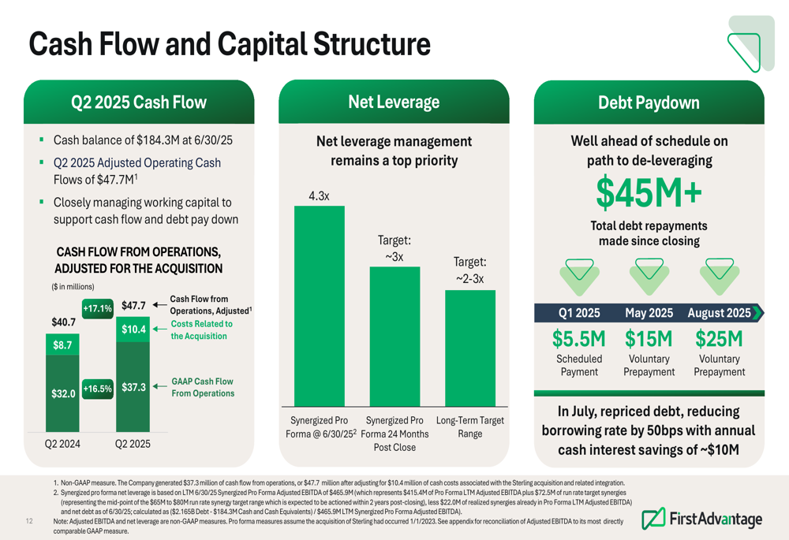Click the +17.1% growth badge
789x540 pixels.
(x=98, y=308)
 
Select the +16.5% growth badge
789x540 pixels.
(x=98, y=389)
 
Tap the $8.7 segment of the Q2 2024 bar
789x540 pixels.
(x=62, y=344)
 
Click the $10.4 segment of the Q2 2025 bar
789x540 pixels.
(x=133, y=330)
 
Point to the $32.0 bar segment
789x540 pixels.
(x=62, y=393)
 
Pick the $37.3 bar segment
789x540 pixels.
(x=133, y=386)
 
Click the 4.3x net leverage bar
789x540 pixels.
(x=320, y=306)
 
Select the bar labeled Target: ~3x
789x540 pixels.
(x=395, y=337)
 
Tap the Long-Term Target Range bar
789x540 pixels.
(x=470, y=348)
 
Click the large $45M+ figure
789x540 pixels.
(x=649, y=193)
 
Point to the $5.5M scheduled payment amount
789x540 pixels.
(x=578, y=339)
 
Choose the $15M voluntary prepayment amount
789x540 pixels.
(x=649, y=339)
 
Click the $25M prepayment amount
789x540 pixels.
(x=719, y=339)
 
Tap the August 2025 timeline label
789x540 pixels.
(x=719, y=313)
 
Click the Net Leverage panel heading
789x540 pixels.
(x=394, y=102)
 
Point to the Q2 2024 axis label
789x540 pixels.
(x=62, y=444)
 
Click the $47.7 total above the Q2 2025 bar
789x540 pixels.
(x=133, y=306)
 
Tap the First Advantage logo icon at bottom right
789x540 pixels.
(x=653, y=519)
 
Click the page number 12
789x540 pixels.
(x=29, y=521)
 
